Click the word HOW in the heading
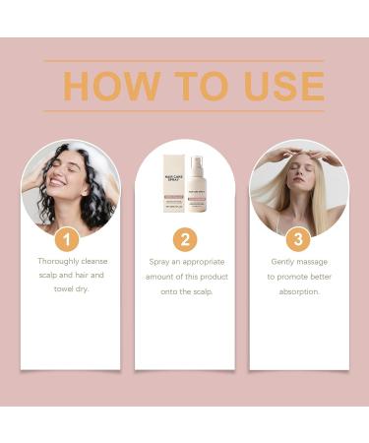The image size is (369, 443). [x=110, y=86]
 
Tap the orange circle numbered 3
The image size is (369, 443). [x=298, y=239]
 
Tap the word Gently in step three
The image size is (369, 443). [x=284, y=262]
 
